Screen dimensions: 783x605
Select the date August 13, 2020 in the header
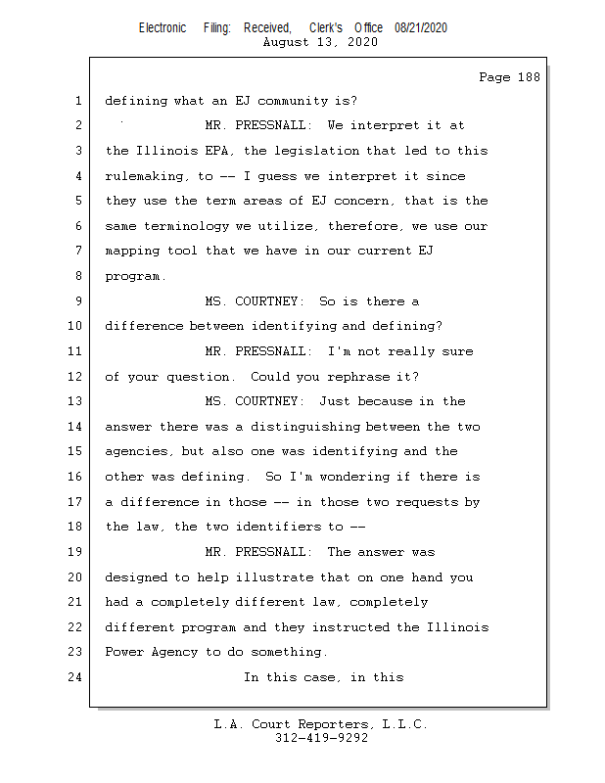coord(321,42)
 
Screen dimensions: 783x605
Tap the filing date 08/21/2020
coord(421,28)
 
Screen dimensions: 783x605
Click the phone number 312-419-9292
coord(321,739)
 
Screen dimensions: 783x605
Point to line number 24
coord(78,677)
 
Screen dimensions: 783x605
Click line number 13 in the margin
coord(78,401)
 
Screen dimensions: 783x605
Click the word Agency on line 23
coord(174,652)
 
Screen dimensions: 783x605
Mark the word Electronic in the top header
coord(163,28)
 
